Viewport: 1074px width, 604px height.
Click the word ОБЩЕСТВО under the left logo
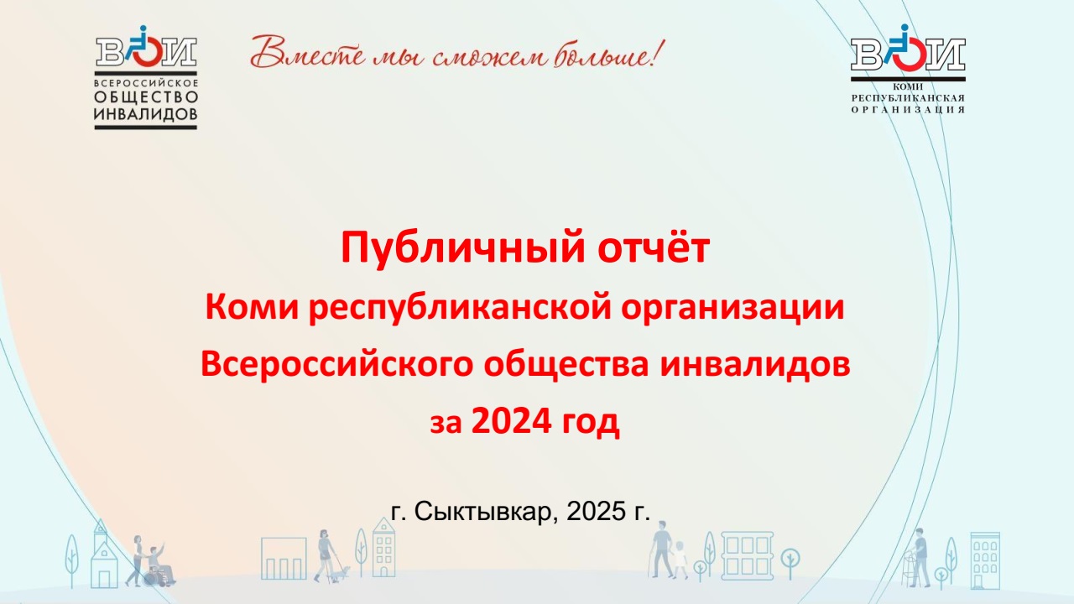146,97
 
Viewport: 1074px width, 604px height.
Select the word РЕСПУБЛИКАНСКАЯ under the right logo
908,98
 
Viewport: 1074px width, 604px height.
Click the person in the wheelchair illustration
159,565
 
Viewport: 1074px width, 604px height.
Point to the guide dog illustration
341,572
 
